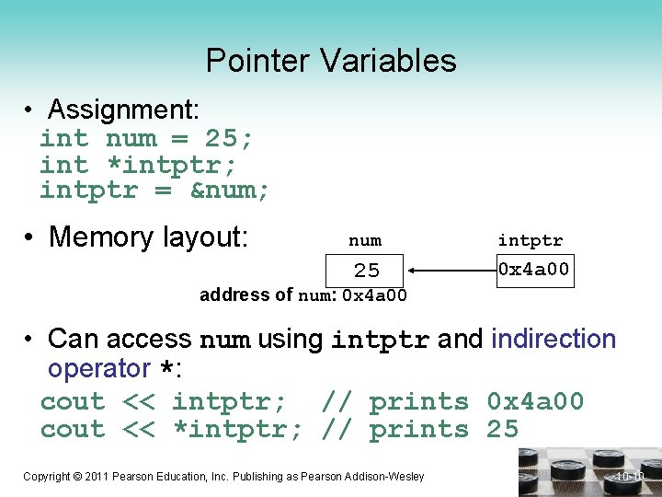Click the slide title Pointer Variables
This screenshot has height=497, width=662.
click(331, 61)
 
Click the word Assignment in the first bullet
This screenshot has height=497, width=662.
click(121, 110)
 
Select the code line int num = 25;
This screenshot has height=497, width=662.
click(147, 139)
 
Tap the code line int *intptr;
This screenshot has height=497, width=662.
click(138, 166)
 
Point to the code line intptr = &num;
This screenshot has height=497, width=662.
click(154, 191)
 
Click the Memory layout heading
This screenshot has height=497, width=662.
click(148, 237)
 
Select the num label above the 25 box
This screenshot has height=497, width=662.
click(365, 240)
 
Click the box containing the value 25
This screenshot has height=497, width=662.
click(367, 271)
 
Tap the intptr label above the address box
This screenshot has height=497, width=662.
click(531, 240)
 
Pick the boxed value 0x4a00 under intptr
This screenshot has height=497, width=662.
click(533, 270)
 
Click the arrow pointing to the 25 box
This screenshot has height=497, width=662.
click(452, 271)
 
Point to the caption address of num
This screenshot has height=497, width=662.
click(302, 295)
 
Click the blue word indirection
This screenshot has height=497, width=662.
click(554, 339)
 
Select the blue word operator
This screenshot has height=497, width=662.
click(99, 369)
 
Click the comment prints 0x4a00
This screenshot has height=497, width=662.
click(476, 402)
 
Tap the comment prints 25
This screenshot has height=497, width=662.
click(444, 430)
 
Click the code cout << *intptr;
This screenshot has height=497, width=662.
click(171, 430)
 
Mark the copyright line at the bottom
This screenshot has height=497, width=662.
click(223, 476)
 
